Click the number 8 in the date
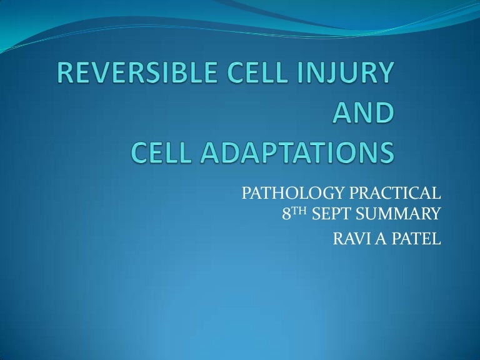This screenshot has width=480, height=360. click(x=286, y=216)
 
